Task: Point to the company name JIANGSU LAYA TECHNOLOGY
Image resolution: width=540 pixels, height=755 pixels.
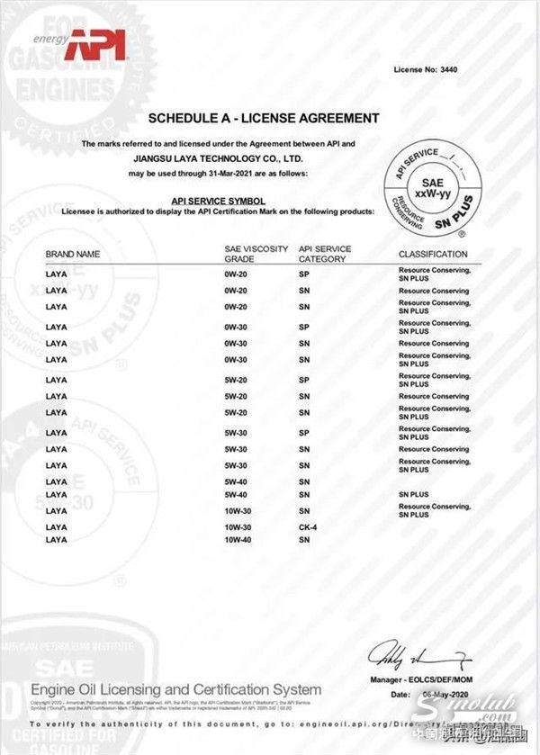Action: click(x=212, y=157)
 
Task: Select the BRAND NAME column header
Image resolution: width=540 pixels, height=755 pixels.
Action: click(x=72, y=255)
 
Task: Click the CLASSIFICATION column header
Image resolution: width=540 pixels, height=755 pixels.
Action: click(x=433, y=255)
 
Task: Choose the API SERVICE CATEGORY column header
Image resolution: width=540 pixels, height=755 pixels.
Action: click(x=325, y=253)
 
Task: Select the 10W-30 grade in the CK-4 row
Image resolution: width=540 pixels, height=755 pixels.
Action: click(x=238, y=526)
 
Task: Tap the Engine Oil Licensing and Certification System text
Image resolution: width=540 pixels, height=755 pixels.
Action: click(x=175, y=689)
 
